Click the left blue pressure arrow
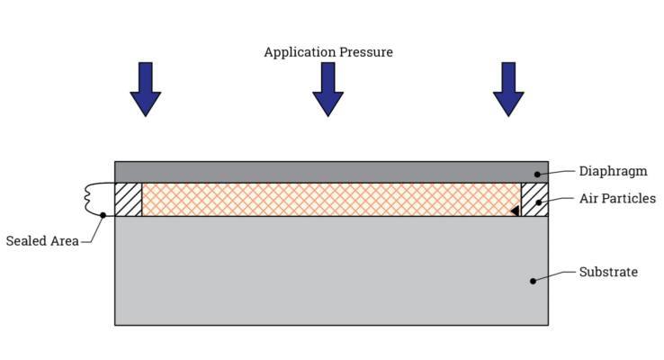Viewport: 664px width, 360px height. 145,90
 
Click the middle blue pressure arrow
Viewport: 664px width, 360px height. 328,90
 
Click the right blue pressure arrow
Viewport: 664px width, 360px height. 508,90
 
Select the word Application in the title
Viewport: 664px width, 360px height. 296,52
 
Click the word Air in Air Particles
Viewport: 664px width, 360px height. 589,199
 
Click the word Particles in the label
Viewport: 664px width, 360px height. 629,199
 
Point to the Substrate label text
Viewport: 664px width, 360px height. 608,272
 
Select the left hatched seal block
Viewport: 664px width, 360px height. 129,199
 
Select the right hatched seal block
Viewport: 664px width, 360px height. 534,199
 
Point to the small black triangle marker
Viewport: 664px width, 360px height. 514,211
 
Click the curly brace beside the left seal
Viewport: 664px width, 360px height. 91,199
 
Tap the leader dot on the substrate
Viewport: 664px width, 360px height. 533,281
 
